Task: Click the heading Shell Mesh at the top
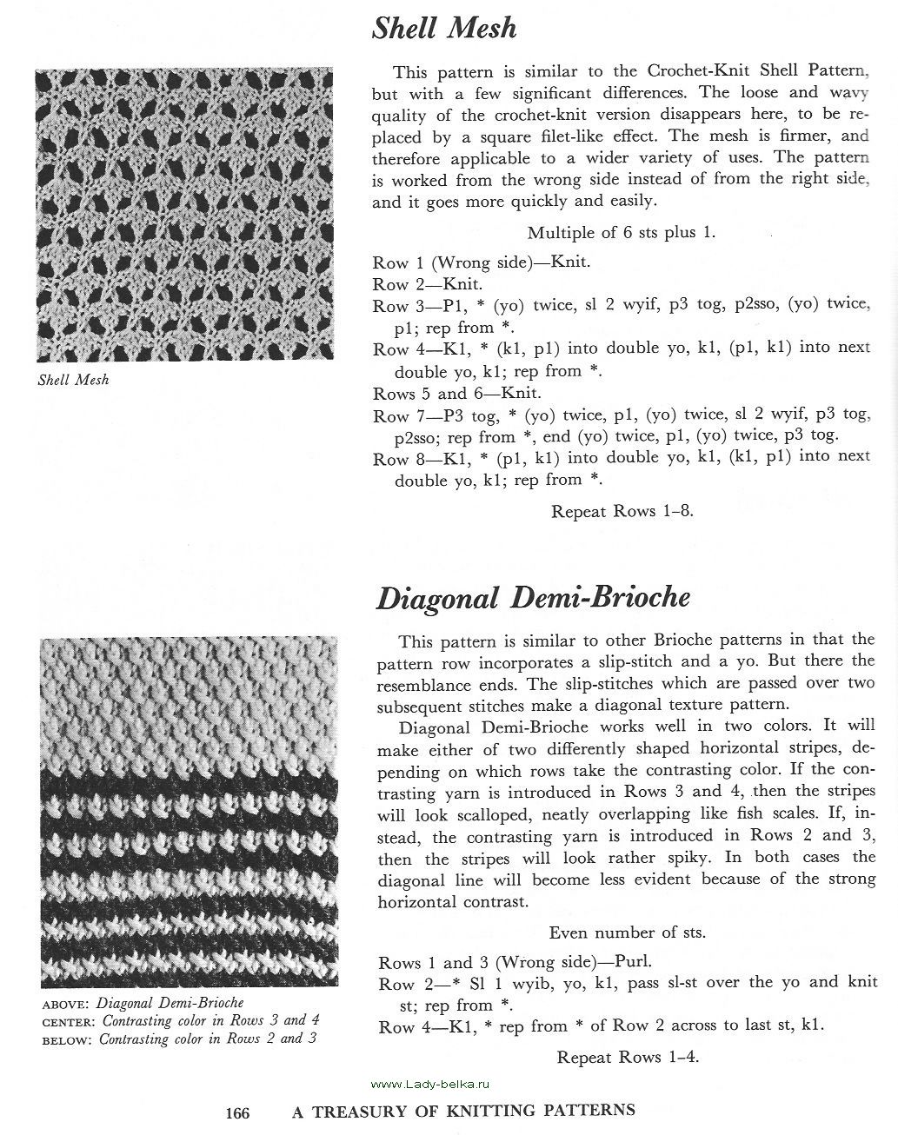click(x=444, y=29)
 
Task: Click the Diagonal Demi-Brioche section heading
click(x=533, y=598)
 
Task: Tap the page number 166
click(x=237, y=1112)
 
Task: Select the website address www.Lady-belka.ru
click(x=429, y=1084)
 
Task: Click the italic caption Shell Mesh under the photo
click(x=74, y=380)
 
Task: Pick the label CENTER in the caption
click(x=69, y=1021)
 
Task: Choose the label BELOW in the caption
click(x=67, y=1039)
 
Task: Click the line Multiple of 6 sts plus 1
click(x=622, y=232)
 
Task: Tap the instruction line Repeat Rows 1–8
click(x=622, y=511)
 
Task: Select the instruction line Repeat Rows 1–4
click(x=628, y=1058)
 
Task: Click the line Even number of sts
click(x=627, y=933)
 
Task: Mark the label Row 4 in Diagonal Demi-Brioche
click(x=396, y=1026)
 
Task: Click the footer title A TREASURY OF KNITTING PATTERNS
click(x=463, y=1110)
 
